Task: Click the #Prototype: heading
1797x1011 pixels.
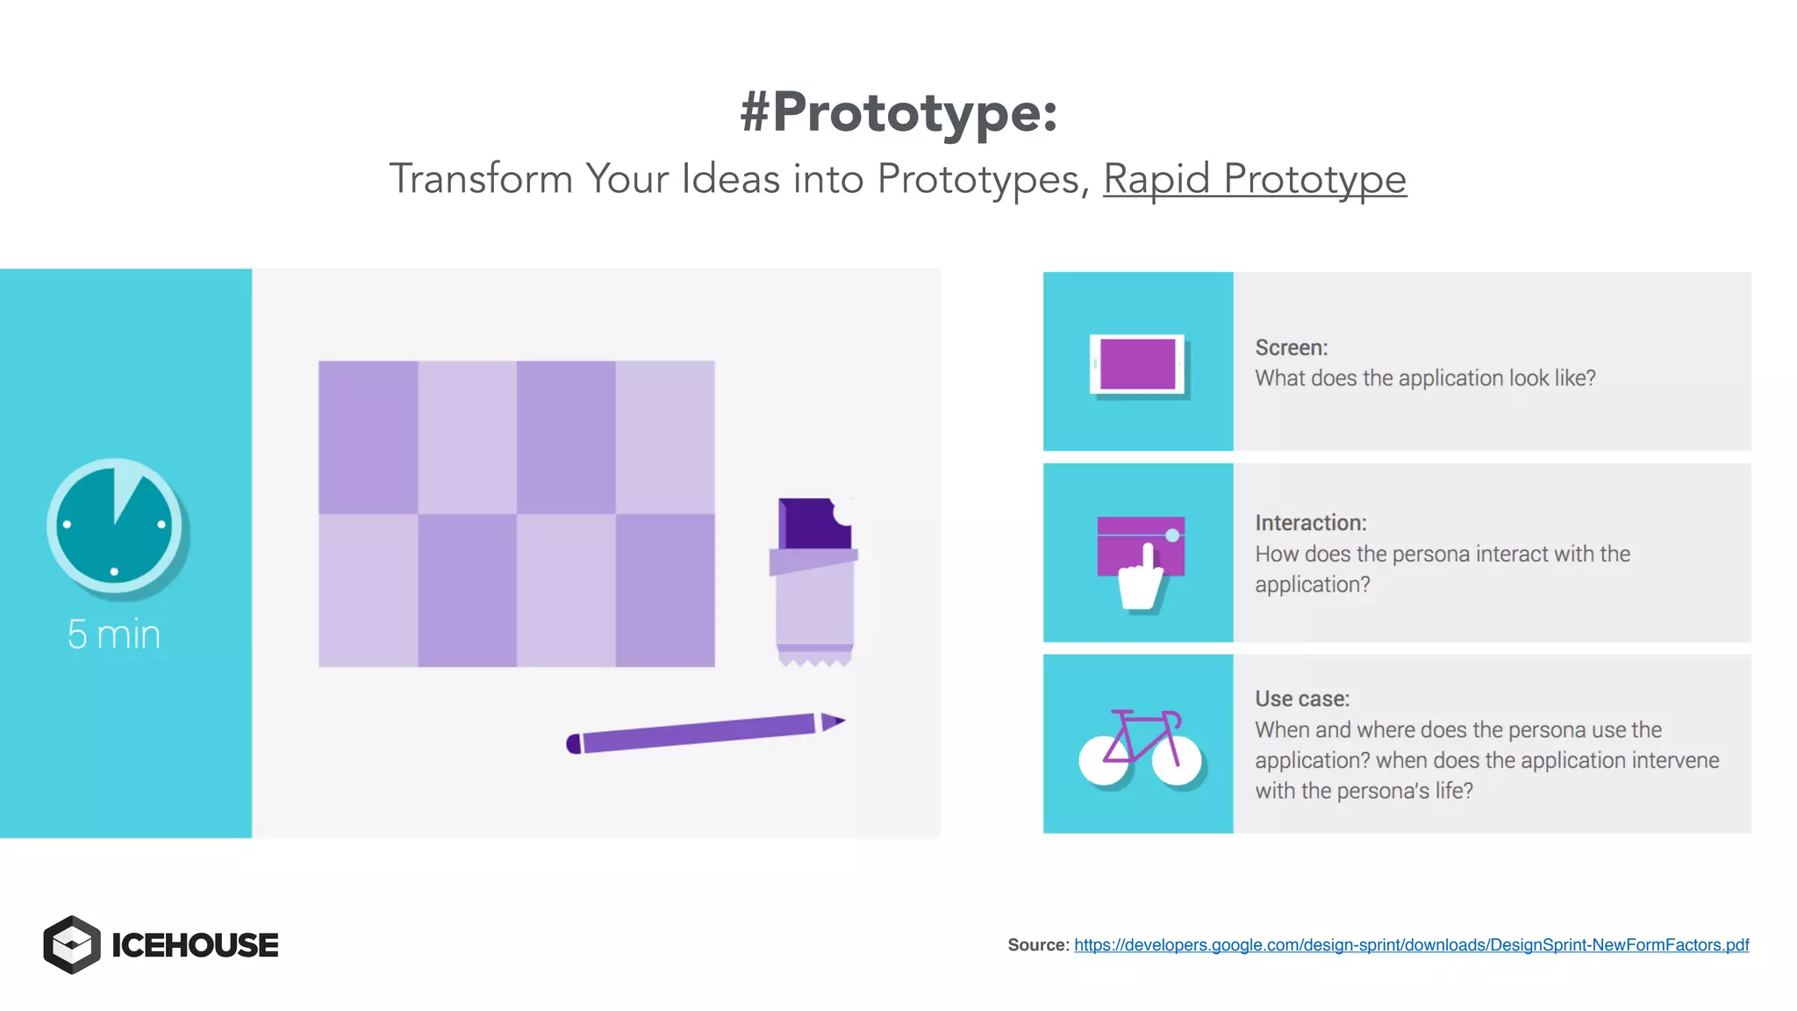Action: (898, 112)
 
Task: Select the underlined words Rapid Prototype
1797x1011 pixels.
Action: (1254, 179)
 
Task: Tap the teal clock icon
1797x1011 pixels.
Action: (114, 526)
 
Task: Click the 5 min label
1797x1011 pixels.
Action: (114, 635)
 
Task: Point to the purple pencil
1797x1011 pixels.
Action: (698, 733)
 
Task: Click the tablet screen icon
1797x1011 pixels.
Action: (1137, 363)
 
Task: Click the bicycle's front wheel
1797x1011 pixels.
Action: (1176, 760)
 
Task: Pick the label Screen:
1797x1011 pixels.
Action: (1291, 348)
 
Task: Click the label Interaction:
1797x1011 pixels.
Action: (1310, 523)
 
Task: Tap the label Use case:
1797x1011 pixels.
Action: (1301, 699)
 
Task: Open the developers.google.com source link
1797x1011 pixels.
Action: (1411, 945)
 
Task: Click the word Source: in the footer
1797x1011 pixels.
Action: (1038, 945)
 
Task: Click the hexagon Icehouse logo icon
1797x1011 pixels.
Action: (72, 944)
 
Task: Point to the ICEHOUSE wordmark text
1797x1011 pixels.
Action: (195, 945)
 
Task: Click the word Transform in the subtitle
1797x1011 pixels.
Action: (481, 179)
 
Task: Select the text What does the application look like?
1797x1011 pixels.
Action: (1425, 378)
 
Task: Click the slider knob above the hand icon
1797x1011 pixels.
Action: (1172, 535)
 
